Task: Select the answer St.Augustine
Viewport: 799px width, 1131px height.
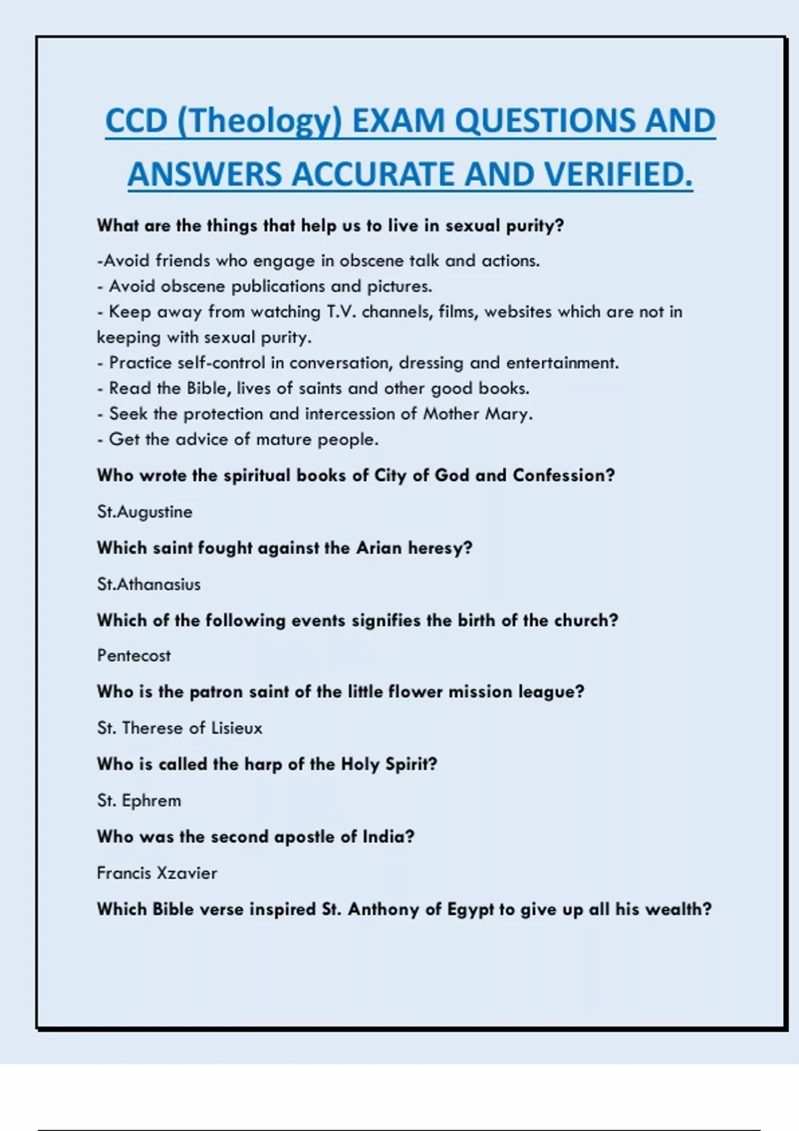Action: [x=144, y=512]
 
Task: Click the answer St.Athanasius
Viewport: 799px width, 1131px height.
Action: [x=148, y=584]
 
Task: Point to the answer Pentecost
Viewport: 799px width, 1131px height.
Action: [x=134, y=656]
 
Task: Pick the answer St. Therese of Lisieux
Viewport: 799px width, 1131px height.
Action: [x=180, y=728]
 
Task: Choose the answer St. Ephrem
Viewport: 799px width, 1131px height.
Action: [x=139, y=800]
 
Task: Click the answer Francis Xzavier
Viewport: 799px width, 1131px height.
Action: [x=157, y=873]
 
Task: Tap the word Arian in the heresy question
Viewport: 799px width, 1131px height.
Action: [x=379, y=548]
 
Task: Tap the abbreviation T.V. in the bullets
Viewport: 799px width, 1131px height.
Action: [x=342, y=312]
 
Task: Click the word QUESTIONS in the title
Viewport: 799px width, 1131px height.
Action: [x=537, y=122]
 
